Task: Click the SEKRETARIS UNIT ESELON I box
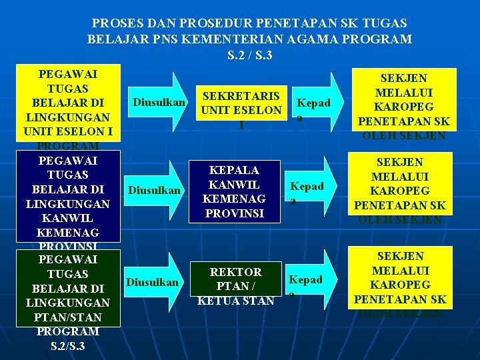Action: tap(241, 109)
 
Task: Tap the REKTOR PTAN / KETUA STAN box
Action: tap(235, 286)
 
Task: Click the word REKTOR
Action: tap(235, 272)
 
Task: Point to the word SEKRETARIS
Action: tap(241, 96)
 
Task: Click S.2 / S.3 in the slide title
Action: tap(249, 55)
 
